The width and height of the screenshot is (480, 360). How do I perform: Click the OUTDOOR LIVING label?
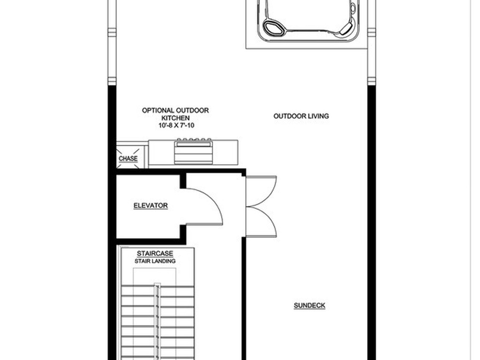(301, 116)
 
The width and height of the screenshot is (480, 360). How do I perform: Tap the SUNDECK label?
(309, 306)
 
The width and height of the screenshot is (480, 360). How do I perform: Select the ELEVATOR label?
(150, 205)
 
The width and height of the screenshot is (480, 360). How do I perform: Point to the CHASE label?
(128, 158)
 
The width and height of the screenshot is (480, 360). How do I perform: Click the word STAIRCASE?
(155, 254)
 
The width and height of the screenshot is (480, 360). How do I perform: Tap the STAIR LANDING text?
(155, 261)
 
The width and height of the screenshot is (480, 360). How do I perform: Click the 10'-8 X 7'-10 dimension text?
(175, 126)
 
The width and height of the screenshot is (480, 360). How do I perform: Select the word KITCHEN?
(175, 118)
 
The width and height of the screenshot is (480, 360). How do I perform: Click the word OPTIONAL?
(158, 111)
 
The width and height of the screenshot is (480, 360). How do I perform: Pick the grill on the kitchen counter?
(194, 151)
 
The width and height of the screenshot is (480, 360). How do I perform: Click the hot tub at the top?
(307, 21)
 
